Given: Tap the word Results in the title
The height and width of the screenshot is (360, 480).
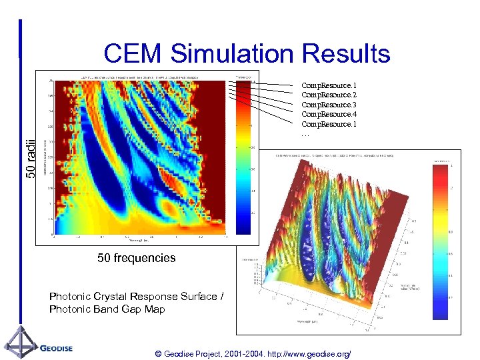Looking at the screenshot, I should click(x=346, y=53).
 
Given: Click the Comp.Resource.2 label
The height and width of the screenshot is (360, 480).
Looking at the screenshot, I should click(x=329, y=95).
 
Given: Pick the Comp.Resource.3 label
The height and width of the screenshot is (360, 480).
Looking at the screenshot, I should click(x=329, y=105).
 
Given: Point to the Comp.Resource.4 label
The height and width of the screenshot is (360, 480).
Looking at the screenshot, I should click(x=329, y=115).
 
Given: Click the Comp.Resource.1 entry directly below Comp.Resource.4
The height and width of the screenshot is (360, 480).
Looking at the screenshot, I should click(x=329, y=124).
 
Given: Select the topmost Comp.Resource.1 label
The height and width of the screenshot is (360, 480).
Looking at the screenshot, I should click(x=329, y=85).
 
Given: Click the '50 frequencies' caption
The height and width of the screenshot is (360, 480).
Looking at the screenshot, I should click(x=136, y=257).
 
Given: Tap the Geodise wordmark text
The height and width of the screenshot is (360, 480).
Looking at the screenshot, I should click(x=56, y=348).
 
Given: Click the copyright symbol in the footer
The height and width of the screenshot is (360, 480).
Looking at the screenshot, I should click(x=157, y=353).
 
